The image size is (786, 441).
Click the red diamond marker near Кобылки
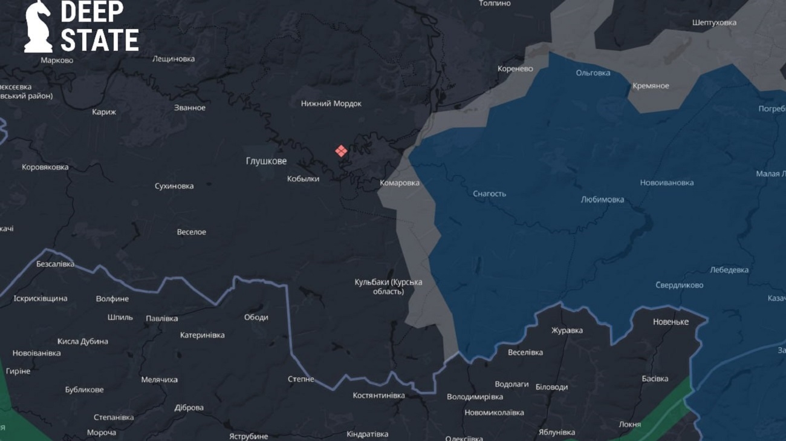tap(341, 151)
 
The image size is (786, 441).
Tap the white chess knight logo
tap(38, 27)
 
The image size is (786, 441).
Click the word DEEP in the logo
tap(92, 11)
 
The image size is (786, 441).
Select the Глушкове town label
tap(266, 161)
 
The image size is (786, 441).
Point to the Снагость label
tap(489, 194)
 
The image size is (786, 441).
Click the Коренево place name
tap(515, 68)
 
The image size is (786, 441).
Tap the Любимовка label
tap(602, 200)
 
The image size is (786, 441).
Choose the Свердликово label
tap(679, 285)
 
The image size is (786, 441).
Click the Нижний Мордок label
tap(331, 103)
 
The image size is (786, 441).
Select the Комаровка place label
tap(399, 183)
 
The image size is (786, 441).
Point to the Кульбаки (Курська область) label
tap(388, 287)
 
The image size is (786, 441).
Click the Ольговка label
tap(593, 73)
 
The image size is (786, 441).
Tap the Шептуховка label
tap(714, 22)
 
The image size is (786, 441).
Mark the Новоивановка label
tap(667, 183)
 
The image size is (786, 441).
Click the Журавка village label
tap(567, 330)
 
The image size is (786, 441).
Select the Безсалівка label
tap(55, 264)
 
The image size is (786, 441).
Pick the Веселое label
tap(191, 232)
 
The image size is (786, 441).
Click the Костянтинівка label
tap(378, 396)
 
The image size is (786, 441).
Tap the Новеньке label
tap(671, 322)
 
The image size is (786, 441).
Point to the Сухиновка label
tap(174, 186)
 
